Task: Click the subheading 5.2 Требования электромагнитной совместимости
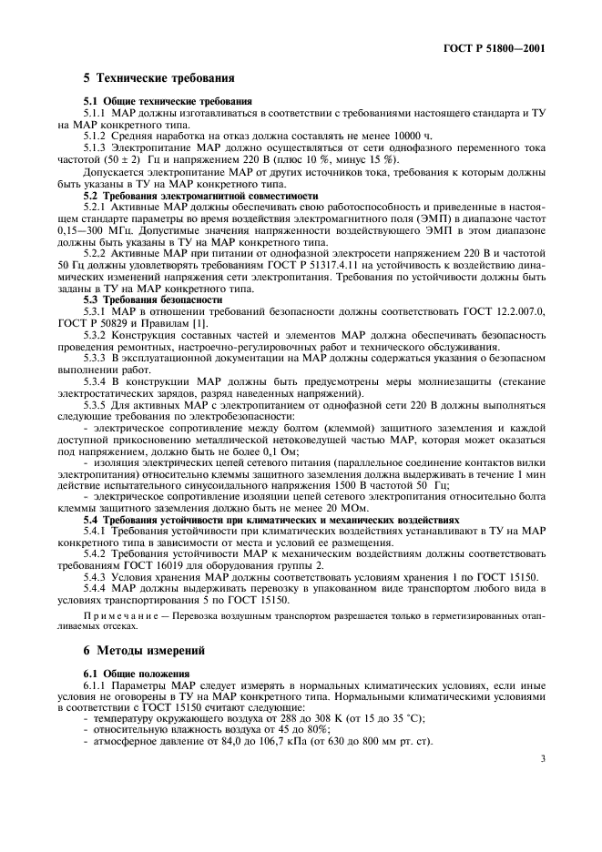(x=201, y=195)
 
